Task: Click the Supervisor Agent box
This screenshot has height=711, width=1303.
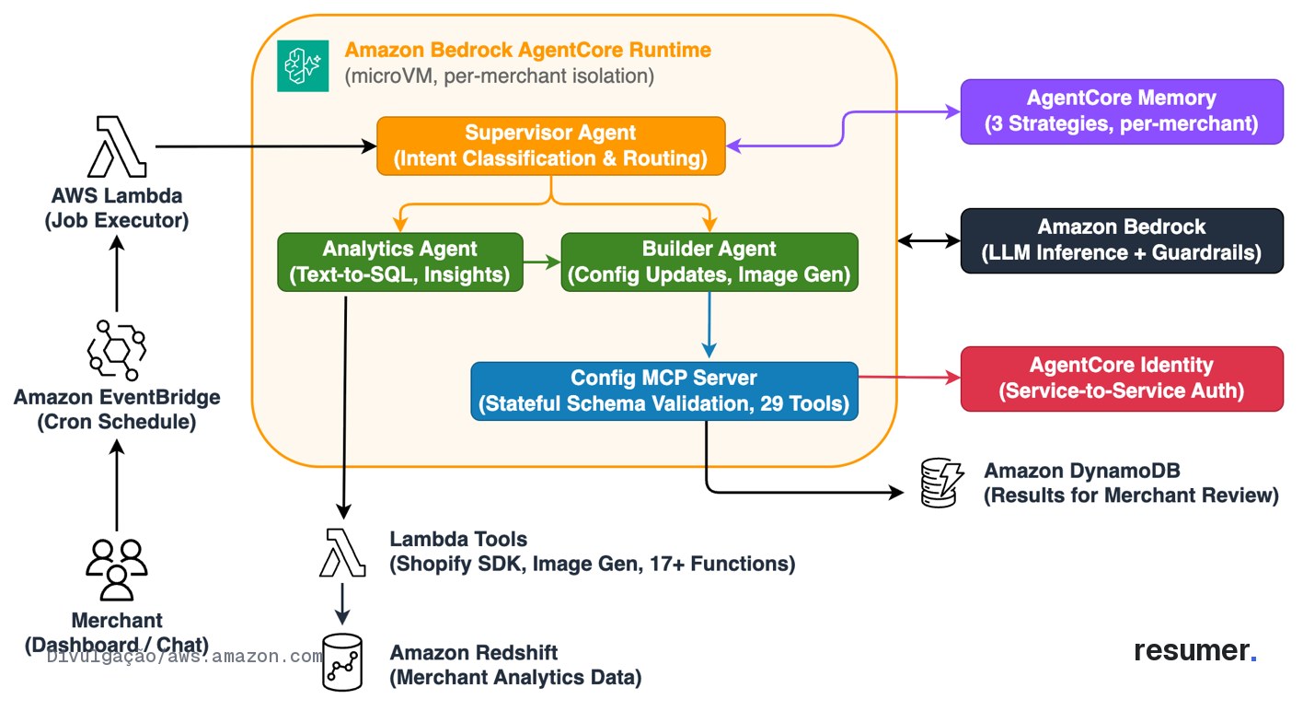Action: pos(551,146)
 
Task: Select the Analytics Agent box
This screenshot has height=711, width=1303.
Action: pos(400,262)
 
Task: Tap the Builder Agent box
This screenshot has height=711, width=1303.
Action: pos(709,262)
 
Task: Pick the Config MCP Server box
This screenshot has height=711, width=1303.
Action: pos(664,390)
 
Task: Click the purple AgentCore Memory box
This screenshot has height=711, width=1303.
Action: pos(1122,111)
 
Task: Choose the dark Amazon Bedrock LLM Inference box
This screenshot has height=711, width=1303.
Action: pos(1122,240)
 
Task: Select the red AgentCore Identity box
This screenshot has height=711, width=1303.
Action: pos(1122,379)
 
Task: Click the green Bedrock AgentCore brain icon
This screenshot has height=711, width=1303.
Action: pos(303,65)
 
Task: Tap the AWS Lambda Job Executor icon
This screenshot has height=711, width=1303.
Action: pos(117,146)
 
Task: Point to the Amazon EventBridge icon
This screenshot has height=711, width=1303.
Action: pos(116,350)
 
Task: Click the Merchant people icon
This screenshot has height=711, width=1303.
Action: pos(116,570)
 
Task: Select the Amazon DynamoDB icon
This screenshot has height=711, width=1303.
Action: pos(941,483)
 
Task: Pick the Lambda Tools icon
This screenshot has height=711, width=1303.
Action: pos(342,553)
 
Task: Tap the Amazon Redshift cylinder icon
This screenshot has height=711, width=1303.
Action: pos(342,663)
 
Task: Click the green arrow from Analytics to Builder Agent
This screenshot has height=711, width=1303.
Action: pos(542,262)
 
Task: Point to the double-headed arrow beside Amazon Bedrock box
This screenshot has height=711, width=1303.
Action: pos(929,240)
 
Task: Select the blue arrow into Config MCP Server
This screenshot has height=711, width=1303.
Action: pos(709,325)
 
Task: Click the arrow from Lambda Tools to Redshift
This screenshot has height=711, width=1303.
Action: pos(342,604)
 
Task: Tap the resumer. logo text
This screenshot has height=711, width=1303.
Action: pos(1195,650)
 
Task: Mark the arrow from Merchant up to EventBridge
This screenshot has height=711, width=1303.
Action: pos(117,485)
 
